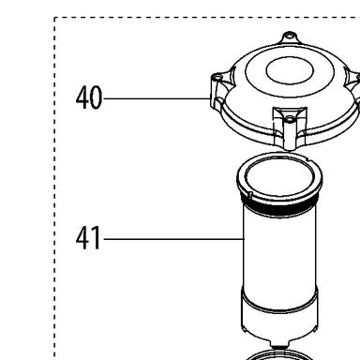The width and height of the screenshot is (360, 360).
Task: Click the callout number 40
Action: pos(89,97)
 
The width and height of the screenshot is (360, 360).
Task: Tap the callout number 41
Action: pos(88,238)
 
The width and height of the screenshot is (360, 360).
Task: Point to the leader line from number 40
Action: pos(157,98)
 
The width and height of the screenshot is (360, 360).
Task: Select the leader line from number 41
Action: pos(173,239)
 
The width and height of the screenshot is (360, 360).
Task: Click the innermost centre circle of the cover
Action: pos(290,70)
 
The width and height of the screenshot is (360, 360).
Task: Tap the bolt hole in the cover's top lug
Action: pos(290,35)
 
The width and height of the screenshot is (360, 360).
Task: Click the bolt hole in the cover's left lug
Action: pos(216,76)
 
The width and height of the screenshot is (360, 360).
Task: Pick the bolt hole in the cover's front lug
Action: pos(290,119)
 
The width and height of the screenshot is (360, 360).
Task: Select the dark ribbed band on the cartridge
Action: pos(279,207)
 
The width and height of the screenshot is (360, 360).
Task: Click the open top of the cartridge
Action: pos(279,175)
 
